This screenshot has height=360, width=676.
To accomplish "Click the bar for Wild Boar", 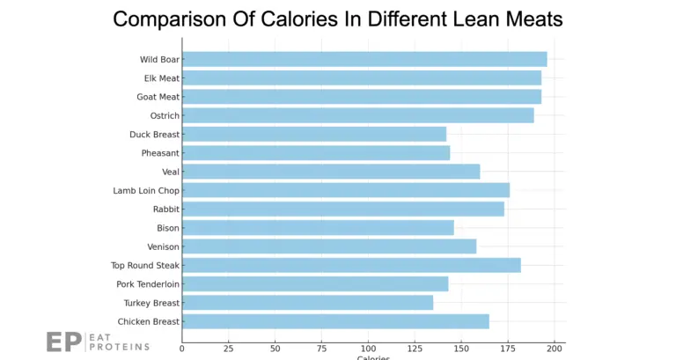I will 364,59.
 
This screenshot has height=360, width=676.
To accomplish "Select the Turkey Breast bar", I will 307,303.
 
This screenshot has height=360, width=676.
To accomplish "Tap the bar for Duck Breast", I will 314,134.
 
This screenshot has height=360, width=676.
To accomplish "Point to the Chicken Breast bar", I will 335,321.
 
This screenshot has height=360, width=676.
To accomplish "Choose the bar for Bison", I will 318,228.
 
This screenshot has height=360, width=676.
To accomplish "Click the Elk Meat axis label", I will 162,78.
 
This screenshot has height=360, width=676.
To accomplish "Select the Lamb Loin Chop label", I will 146,190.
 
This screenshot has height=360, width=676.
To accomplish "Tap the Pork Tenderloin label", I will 148,284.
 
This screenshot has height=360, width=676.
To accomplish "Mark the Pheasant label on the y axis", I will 160,153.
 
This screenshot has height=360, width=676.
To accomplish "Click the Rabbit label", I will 165,209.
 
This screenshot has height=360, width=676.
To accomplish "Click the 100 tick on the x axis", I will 368,349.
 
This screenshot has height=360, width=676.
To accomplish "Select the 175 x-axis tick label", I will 508,349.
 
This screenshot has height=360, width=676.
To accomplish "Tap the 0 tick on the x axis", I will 182,349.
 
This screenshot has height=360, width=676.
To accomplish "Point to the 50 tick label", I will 276,349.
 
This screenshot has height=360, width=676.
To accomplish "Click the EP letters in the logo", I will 64,342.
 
